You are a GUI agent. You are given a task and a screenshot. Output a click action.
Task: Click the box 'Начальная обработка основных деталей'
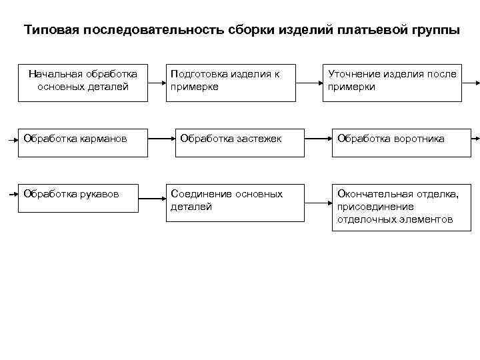[x=83, y=82]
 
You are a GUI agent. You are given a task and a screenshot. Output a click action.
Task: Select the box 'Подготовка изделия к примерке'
[x=231, y=82]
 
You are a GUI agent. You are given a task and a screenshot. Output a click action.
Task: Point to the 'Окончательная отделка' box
[x=401, y=207]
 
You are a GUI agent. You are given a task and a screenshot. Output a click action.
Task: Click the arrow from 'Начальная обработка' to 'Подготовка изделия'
[x=157, y=83]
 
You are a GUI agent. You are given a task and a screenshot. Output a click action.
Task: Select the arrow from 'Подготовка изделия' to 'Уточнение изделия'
[x=309, y=83]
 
